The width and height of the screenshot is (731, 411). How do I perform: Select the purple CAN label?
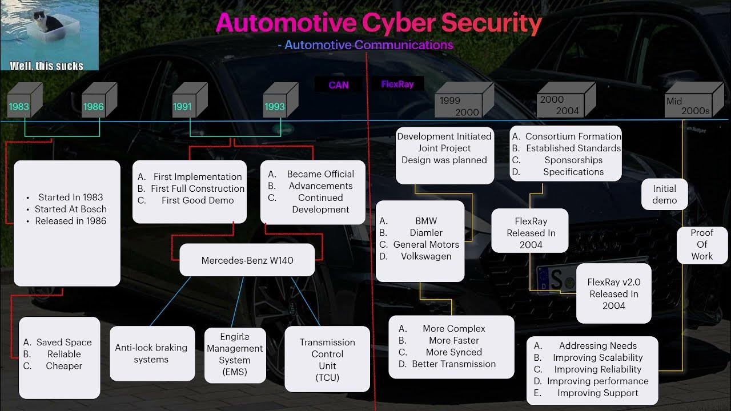(339, 85)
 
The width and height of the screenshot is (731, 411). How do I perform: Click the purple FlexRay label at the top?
(397, 84)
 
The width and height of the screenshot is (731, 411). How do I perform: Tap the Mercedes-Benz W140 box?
(247, 260)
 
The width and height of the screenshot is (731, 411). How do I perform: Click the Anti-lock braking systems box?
(151, 353)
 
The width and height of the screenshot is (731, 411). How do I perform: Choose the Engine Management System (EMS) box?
(235, 354)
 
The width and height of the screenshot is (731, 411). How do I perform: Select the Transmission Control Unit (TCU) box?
(327, 359)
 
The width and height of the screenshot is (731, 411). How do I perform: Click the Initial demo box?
(665, 195)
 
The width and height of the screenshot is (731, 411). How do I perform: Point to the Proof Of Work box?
(702, 245)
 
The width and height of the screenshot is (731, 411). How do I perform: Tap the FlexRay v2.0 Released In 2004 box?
(614, 293)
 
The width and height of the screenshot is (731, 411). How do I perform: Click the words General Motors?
(426, 244)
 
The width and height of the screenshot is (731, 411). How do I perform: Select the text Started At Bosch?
(71, 209)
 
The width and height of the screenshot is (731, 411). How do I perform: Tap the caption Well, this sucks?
(47, 66)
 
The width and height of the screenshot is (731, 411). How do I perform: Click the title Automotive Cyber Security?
(379, 23)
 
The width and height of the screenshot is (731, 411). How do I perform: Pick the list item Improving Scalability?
(597, 357)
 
